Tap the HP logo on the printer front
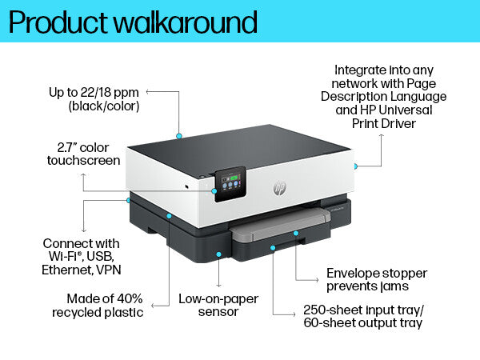pyautogui.click(x=280, y=187)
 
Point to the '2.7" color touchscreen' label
pyautogui.click(x=89, y=154)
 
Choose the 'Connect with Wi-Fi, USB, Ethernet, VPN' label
pyautogui.click(x=81, y=256)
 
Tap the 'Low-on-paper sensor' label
pyautogui.click(x=219, y=304)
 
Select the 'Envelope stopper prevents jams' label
pyautogui.click(x=376, y=279)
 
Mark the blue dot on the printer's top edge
pyautogui.click(x=179, y=136)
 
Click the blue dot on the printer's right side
pyautogui.click(x=354, y=166)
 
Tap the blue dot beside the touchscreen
pyautogui.click(x=214, y=191)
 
